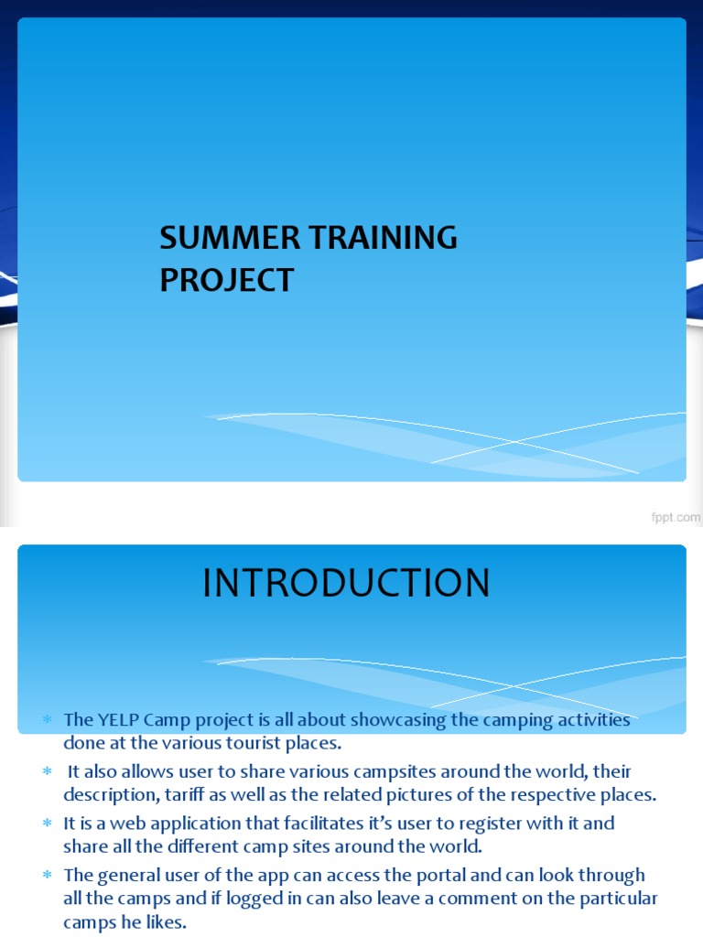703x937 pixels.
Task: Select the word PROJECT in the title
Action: (x=227, y=280)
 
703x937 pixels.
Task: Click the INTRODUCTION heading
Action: (x=346, y=584)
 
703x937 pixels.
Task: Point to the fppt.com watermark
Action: (x=676, y=517)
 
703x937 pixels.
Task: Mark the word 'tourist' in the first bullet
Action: (x=239, y=742)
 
